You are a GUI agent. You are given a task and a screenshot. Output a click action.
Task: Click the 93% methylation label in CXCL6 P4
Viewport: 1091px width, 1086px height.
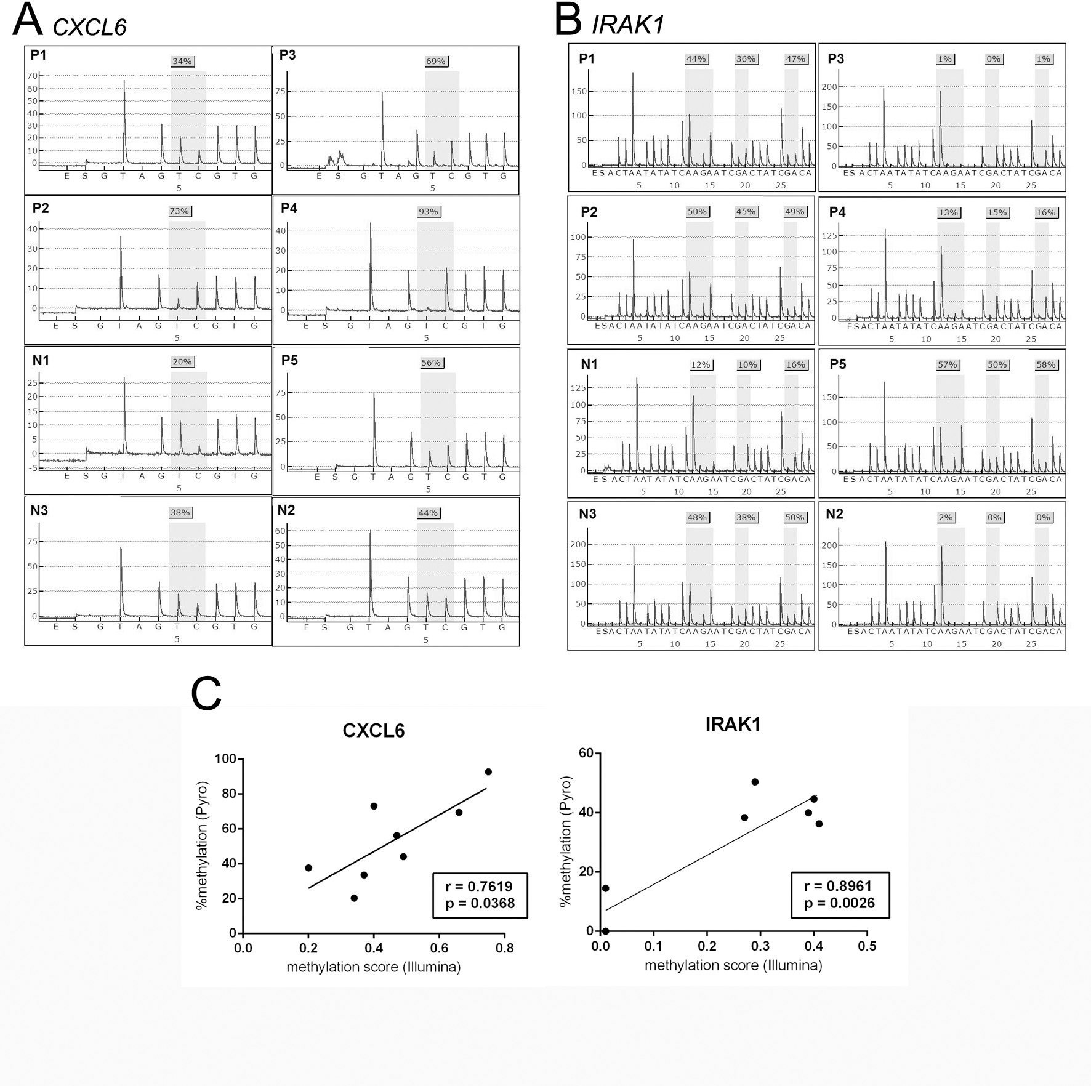[x=429, y=212]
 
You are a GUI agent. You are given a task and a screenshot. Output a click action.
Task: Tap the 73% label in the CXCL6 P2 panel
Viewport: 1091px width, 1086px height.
[x=179, y=211]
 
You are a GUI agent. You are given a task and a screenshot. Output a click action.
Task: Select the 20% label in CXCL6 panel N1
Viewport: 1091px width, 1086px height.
[x=182, y=362]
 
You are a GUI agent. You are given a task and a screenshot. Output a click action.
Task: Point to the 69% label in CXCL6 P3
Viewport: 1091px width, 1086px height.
[x=436, y=62]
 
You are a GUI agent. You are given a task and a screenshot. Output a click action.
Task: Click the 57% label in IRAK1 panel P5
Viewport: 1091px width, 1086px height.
[x=947, y=365]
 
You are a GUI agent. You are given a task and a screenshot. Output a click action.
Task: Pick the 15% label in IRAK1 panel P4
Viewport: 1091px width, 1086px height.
[x=997, y=212]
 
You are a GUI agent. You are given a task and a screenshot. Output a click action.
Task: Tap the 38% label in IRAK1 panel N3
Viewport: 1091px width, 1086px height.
[x=746, y=517]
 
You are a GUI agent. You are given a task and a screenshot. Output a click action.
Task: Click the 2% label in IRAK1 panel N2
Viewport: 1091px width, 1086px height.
[x=946, y=517]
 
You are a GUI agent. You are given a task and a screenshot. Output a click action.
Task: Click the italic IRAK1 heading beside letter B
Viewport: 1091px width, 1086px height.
[x=627, y=25]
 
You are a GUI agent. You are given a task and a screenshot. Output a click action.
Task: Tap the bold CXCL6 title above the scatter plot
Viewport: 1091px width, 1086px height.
[x=373, y=731]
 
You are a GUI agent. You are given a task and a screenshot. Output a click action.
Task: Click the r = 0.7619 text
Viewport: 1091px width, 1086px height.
[x=479, y=887]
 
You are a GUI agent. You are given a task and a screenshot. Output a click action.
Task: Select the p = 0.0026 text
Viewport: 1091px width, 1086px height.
[x=839, y=903]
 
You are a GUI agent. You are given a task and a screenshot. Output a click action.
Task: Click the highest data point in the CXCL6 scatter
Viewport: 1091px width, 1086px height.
[x=488, y=772]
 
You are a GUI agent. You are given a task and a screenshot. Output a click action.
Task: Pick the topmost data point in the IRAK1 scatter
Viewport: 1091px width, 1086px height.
[x=755, y=782]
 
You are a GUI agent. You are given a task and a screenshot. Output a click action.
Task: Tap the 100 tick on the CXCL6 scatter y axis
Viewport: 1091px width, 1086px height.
[x=225, y=759]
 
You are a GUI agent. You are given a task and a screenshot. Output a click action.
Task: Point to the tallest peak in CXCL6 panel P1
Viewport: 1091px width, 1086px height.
[x=124, y=81]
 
